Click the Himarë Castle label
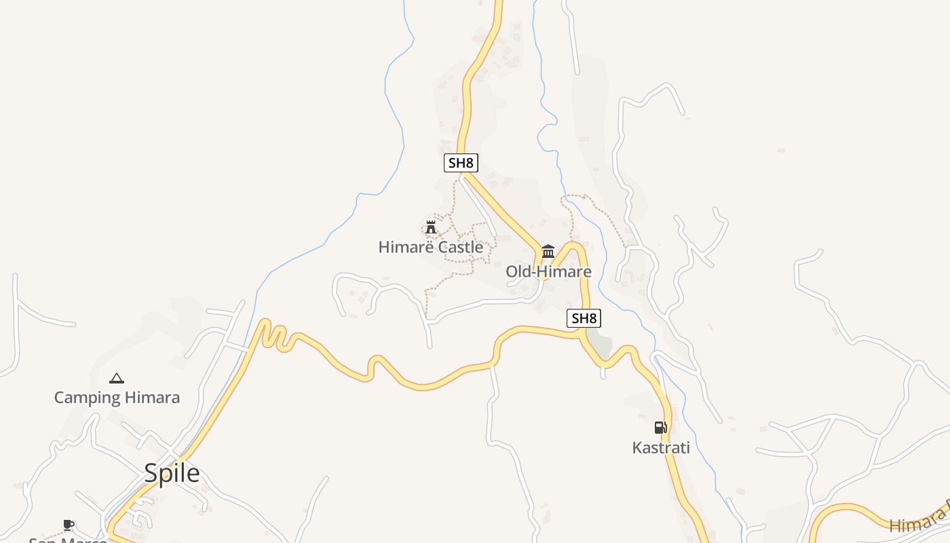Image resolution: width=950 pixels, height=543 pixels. pos(431,247)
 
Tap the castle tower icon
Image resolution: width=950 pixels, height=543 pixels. pos(430,227)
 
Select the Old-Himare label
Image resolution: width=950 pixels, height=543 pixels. pos(548,272)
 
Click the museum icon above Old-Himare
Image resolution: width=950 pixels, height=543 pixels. pos(548,252)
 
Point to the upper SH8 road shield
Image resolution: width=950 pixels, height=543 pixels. pos(461,163)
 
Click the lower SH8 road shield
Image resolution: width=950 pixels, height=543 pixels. pos(584,318)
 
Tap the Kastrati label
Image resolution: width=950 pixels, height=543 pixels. pos(661,448)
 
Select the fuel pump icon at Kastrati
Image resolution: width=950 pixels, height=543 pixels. pos(660,428)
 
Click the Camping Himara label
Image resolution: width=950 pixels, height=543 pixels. pos(117,398)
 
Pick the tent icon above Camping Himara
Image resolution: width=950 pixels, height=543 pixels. pos(117,378)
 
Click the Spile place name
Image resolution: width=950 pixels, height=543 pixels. pos(172,474)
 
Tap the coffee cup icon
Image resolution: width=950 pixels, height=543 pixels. pos(68,525)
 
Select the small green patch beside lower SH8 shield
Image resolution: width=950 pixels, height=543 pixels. pos(600,343)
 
